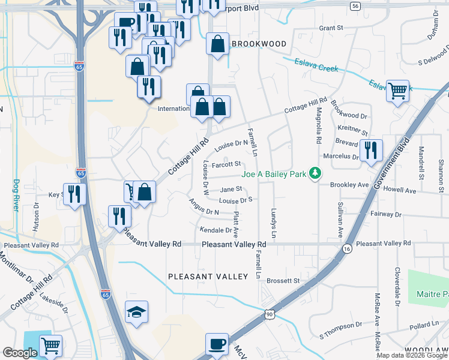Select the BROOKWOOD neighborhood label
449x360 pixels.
pyautogui.click(x=259, y=44)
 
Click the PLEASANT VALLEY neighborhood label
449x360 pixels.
pyautogui.click(x=208, y=277)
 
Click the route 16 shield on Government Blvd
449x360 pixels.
pyautogui.click(x=347, y=248)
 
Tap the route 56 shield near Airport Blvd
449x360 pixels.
pyautogui.click(x=356, y=5)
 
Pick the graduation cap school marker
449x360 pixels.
pyautogui.click(x=136, y=313)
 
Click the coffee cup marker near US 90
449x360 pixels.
pyautogui.click(x=217, y=345)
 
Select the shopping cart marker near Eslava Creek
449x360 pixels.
pyautogui.click(x=397, y=91)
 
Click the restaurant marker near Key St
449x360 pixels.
pyautogui.click(x=74, y=194)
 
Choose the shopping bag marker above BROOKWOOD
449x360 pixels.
pyautogui.click(x=217, y=44)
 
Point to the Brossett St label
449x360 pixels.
pyautogui.click(x=283, y=280)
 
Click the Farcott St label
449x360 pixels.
pyautogui.click(x=226, y=163)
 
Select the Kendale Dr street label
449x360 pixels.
pyautogui.click(x=215, y=230)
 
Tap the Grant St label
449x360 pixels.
pyautogui.click(x=331, y=28)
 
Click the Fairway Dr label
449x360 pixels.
pyautogui.click(x=387, y=214)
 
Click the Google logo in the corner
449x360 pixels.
pyautogui.click(x=20, y=353)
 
